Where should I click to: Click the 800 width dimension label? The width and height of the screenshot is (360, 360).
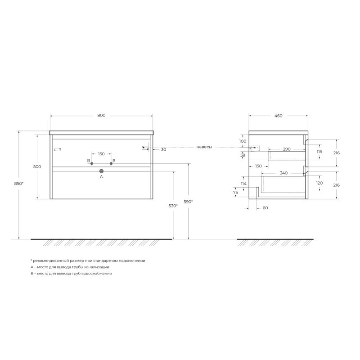click(x=101, y=116)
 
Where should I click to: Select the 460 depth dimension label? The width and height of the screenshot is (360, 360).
click(x=278, y=116)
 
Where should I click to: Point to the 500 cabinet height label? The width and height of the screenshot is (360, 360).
click(x=37, y=166)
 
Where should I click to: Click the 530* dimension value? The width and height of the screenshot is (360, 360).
click(x=173, y=206)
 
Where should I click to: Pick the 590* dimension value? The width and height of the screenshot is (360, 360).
click(x=188, y=202)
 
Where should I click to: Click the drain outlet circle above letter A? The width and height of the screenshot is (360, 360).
click(x=101, y=171)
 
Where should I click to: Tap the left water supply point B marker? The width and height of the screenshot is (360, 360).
click(x=92, y=163)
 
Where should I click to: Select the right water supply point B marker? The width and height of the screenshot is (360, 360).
click(x=111, y=163)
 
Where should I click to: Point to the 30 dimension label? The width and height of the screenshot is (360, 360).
click(x=163, y=149)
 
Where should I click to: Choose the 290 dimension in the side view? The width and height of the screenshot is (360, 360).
click(x=286, y=149)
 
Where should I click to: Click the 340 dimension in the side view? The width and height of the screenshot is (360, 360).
click(x=283, y=173)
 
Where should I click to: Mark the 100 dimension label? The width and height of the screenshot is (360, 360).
click(x=243, y=141)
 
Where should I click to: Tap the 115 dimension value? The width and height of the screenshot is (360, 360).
click(x=319, y=152)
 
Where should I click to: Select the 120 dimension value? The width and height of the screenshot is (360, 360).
click(x=319, y=184)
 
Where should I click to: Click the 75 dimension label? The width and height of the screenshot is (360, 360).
click(x=235, y=192)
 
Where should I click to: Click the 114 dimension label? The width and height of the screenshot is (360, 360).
click(x=243, y=184)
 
